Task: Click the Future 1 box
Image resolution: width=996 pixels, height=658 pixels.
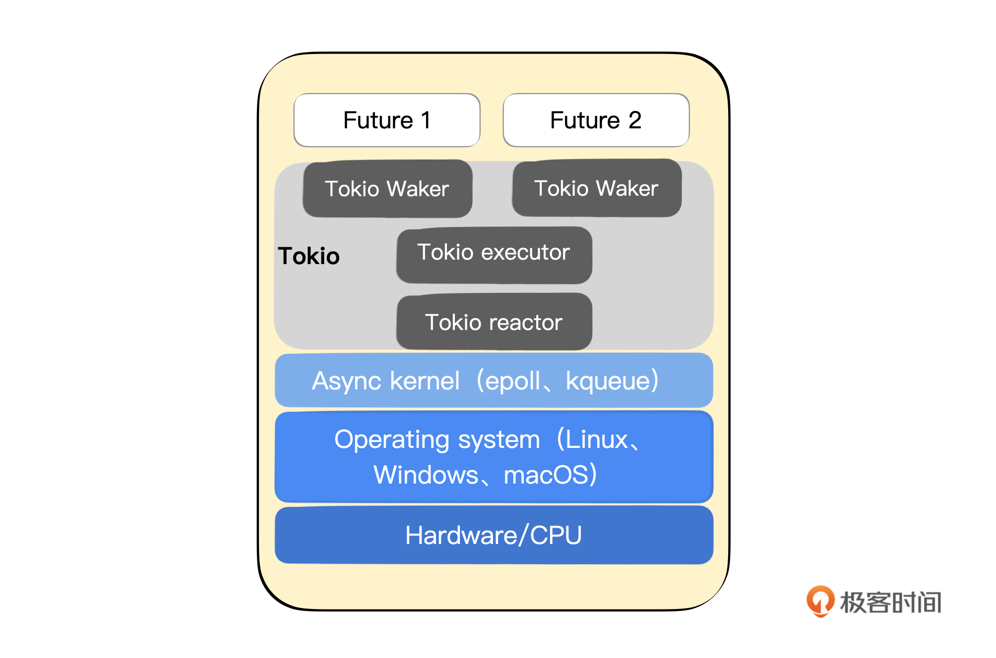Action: (x=387, y=120)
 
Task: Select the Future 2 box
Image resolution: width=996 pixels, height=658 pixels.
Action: (x=596, y=120)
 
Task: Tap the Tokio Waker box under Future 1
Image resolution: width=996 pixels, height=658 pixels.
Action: (x=387, y=189)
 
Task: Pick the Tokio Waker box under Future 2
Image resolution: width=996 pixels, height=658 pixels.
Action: (x=596, y=188)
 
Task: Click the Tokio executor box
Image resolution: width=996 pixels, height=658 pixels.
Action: (x=494, y=253)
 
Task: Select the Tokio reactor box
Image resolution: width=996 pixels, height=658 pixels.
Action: (x=494, y=323)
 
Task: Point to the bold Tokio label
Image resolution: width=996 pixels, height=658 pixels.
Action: (x=309, y=256)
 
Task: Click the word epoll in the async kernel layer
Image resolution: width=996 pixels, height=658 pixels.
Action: (x=512, y=382)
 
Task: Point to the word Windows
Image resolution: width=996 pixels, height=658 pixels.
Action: (x=426, y=475)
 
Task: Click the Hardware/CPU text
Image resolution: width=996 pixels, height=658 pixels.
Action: (x=494, y=536)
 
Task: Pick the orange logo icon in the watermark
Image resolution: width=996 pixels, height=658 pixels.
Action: (x=820, y=601)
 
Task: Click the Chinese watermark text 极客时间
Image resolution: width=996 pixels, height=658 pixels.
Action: (x=890, y=603)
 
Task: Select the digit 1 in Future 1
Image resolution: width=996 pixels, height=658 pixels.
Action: (x=426, y=120)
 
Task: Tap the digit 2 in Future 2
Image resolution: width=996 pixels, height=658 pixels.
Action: (x=635, y=120)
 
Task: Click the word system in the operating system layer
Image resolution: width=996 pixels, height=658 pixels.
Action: (x=498, y=440)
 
